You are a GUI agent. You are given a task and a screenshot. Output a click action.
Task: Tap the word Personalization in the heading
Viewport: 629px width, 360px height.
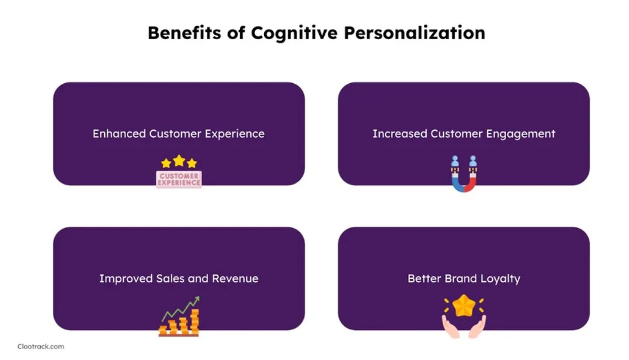[415, 33]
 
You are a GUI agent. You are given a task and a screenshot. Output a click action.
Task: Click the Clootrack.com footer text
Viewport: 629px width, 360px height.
[41, 347]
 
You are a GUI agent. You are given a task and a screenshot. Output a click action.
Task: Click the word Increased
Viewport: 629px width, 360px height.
[400, 134]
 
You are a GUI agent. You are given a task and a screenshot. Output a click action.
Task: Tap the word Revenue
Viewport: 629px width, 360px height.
[235, 278]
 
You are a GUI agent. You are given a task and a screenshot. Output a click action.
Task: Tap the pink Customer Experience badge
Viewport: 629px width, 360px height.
[179, 180]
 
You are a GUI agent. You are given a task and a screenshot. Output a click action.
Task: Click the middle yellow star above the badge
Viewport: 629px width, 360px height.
[179, 160]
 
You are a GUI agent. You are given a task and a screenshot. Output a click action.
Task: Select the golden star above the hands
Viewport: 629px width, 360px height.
[464, 305]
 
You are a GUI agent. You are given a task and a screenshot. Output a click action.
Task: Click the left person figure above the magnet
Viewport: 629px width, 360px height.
[455, 162]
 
